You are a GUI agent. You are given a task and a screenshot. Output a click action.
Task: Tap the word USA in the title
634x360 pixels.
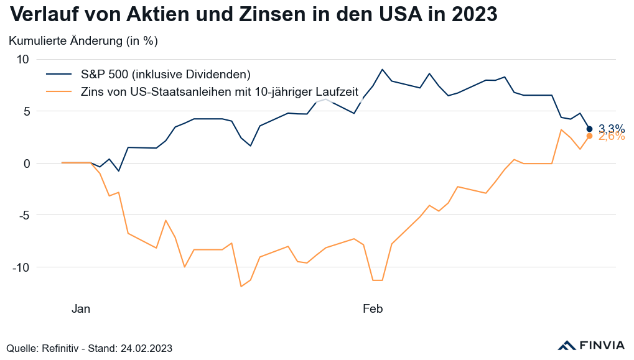tap(388, 14)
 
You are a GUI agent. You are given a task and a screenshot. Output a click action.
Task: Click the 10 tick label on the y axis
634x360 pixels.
tap(23, 60)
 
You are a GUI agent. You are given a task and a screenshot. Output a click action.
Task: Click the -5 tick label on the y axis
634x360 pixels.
tap(24, 215)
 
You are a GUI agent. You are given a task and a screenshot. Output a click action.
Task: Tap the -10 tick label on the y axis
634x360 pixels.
tap(21, 267)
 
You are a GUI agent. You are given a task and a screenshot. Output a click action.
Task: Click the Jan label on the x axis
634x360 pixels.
tap(81, 308)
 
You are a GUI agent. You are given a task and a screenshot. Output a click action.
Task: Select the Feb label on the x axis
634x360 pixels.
tap(373, 308)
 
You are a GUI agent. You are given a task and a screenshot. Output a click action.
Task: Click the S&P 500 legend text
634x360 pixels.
tap(165, 74)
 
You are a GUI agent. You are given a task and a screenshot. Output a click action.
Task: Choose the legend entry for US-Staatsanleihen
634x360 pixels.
tap(220, 92)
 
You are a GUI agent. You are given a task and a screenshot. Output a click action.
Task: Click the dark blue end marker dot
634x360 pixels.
tap(589, 129)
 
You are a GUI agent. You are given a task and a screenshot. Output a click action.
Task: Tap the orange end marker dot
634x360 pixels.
tap(589, 136)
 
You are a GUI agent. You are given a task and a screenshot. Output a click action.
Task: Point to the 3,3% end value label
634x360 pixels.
tap(612, 129)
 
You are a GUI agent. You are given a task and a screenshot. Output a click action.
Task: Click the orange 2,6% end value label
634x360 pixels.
tap(612, 137)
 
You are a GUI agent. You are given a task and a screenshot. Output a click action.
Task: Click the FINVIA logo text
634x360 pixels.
tap(602, 345)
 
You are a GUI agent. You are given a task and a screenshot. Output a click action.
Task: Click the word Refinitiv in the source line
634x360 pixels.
tap(62, 348)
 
